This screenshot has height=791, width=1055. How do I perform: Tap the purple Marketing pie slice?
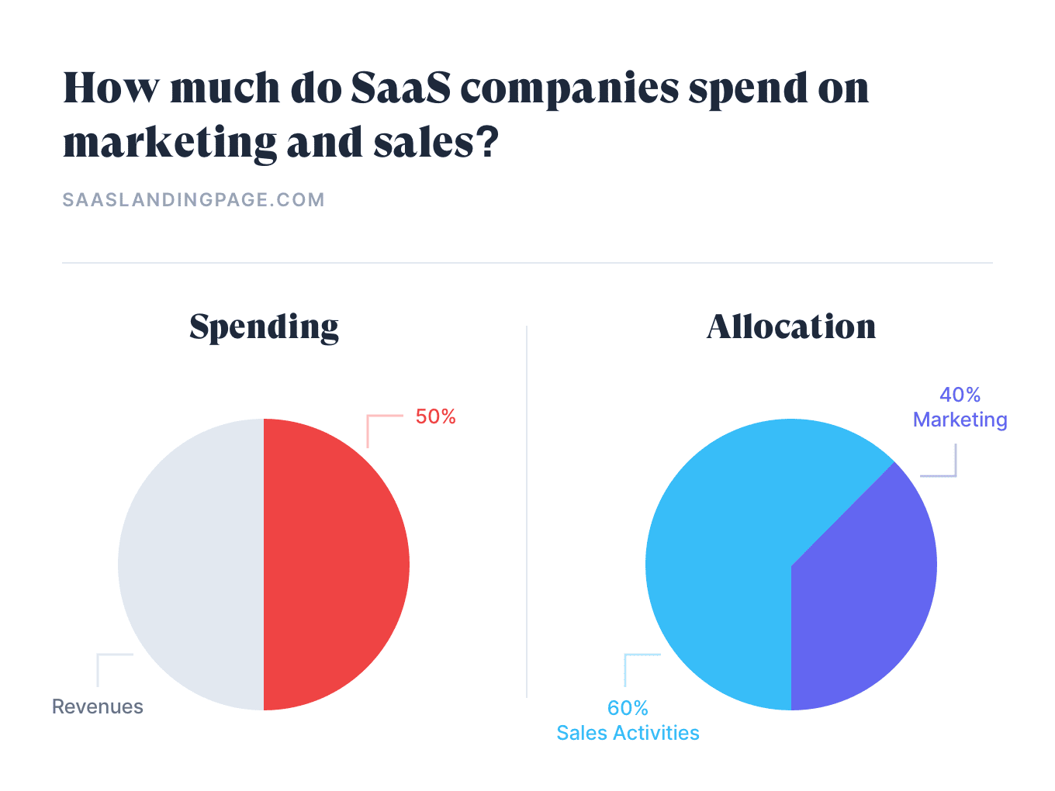point(861,589)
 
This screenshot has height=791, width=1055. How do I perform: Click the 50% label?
point(435,417)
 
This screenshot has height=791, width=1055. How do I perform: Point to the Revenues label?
point(98,706)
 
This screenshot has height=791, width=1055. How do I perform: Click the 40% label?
point(960,395)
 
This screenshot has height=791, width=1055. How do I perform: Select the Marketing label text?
point(960,420)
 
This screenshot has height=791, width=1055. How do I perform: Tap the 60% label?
point(628,708)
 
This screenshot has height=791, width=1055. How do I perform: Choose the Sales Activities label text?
point(628,733)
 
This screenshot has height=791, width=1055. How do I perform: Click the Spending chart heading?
point(264,327)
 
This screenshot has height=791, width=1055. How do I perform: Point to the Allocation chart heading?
point(791,326)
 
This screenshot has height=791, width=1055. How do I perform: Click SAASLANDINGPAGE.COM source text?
point(193,200)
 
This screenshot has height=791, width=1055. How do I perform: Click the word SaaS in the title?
point(400,88)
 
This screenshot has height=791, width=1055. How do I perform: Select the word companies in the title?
point(569,88)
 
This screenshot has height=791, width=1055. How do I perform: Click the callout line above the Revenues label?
point(99,668)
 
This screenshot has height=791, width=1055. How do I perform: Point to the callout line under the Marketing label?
point(955,461)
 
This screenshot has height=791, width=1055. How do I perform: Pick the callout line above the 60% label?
point(626,668)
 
